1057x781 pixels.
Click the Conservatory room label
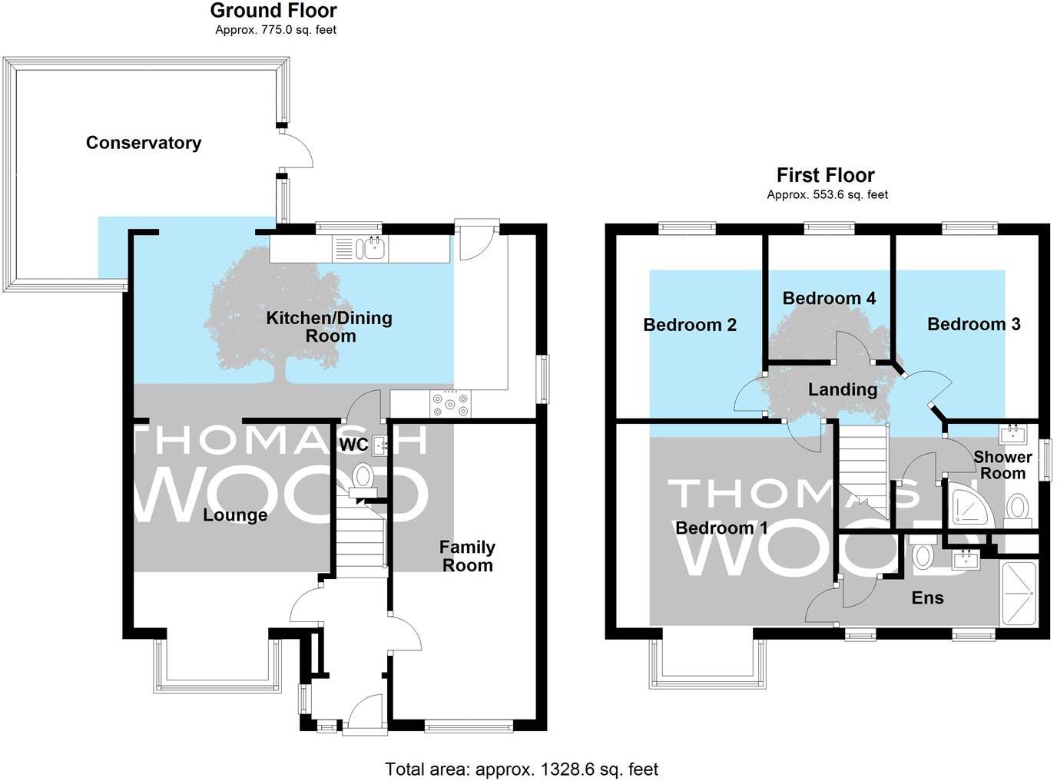144,143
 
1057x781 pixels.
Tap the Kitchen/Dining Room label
329,326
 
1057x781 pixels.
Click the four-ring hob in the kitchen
451,404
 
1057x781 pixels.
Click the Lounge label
235,515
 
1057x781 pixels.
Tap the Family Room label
467,556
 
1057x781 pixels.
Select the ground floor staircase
360,541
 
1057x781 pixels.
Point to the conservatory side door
297,149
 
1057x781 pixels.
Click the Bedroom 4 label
829,298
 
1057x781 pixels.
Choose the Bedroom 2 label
690,325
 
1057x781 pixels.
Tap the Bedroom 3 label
973,324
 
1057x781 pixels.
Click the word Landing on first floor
843,390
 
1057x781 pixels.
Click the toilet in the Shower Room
1018,508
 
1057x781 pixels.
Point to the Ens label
927,598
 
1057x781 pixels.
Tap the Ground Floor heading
273,11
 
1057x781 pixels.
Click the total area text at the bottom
522,769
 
